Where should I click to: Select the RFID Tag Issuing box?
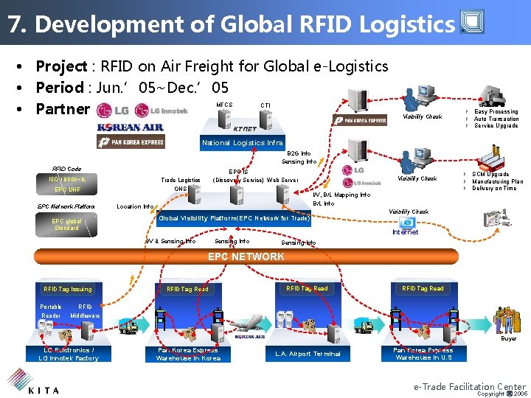tap(68, 289)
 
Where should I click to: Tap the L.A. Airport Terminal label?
tap(308, 354)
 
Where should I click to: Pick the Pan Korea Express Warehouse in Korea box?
tap(188, 354)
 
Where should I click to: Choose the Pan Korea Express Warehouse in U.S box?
tap(423, 354)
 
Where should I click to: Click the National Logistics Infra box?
tap(243, 143)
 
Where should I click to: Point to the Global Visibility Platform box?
tap(235, 218)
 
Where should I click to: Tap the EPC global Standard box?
tap(66, 225)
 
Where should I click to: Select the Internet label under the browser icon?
tap(405, 232)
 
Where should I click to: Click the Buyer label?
tap(509, 339)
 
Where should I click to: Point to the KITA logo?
tap(33, 384)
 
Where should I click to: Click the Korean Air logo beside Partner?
tap(130, 127)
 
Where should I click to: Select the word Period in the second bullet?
tap(59, 88)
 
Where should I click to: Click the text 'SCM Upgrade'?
tap(490, 175)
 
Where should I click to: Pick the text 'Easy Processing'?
tap(496, 112)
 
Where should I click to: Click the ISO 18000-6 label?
tap(67, 179)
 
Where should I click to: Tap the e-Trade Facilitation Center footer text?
tap(469, 386)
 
